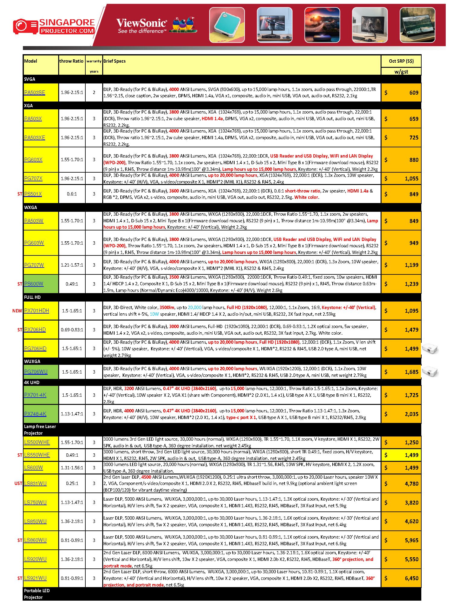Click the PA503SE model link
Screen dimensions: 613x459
[x=34, y=92]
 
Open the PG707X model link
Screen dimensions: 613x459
[x=33, y=178]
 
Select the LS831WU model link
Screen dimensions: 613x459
[x=35, y=483]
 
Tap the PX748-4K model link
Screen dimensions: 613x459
[x=35, y=414]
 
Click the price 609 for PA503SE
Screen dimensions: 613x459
[x=413, y=93]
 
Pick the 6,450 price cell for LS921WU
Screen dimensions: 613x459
[x=411, y=578]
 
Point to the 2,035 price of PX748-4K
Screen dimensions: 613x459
[x=411, y=414]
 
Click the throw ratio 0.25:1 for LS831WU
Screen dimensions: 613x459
[x=72, y=483]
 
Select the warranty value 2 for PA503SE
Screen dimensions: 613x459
[x=94, y=92]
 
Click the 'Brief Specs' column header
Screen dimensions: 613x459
[x=114, y=61]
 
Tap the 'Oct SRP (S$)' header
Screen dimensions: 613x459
[x=401, y=61]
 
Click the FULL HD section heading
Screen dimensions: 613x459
[x=32, y=297]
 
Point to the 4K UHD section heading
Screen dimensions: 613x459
[x=32, y=383]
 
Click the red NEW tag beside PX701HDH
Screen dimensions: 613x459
[x=17, y=311]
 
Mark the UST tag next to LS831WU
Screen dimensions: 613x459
[x=18, y=483]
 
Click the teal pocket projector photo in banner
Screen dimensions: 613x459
[x=227, y=25]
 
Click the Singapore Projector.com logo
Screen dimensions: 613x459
[x=54, y=27]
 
